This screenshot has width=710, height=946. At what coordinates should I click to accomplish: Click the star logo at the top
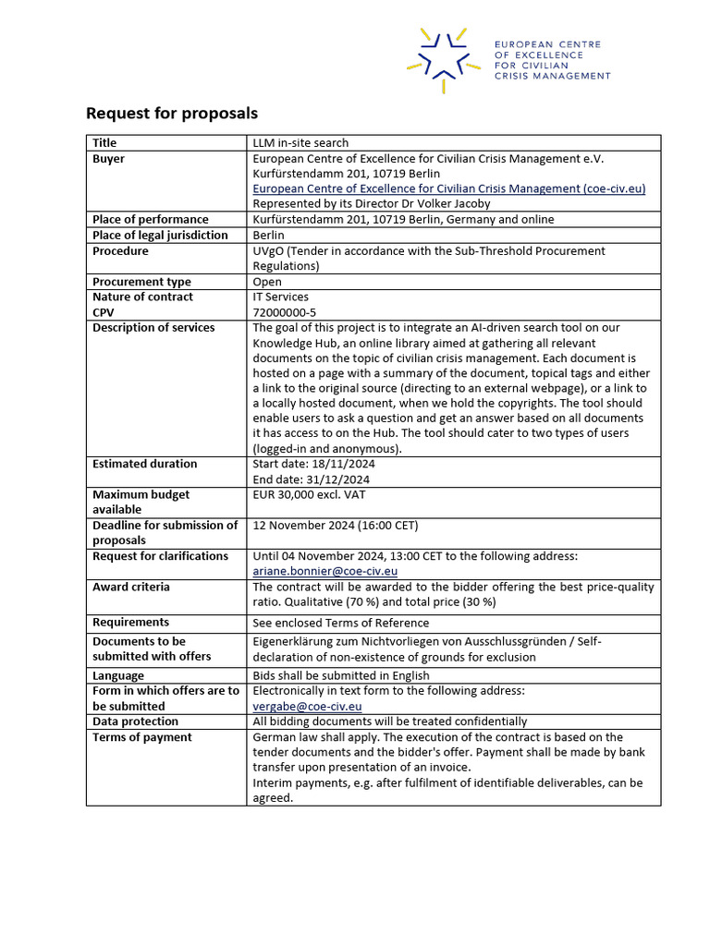pyautogui.click(x=444, y=59)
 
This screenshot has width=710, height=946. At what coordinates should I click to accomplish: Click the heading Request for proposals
pyautogui.click(x=171, y=113)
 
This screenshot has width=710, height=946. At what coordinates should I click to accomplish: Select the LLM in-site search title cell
pyautogui.click(x=300, y=142)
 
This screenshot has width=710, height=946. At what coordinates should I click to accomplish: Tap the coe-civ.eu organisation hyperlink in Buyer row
pyautogui.click(x=448, y=188)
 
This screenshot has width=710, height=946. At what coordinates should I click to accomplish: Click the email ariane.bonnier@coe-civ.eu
pyautogui.click(x=324, y=572)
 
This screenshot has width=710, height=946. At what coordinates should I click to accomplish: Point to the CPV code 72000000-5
pyautogui.click(x=284, y=312)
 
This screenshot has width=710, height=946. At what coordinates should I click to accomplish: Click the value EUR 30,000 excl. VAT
pyautogui.click(x=309, y=494)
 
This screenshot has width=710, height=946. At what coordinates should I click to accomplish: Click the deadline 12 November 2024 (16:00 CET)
pyautogui.click(x=336, y=526)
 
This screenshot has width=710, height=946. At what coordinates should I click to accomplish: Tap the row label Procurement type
pyautogui.click(x=141, y=282)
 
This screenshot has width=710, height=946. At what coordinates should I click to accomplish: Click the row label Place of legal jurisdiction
pyautogui.click(x=160, y=235)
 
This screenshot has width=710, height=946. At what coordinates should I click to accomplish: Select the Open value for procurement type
pyautogui.click(x=268, y=282)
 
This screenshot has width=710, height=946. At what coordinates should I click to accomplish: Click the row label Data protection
pyautogui.click(x=135, y=722)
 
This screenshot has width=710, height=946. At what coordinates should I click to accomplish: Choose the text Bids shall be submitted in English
pyautogui.click(x=341, y=675)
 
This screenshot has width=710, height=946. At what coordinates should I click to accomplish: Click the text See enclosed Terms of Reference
pyautogui.click(x=340, y=623)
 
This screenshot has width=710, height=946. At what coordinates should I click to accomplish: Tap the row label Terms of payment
pyautogui.click(x=142, y=737)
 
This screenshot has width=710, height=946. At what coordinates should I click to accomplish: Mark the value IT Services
pyautogui.click(x=281, y=297)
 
